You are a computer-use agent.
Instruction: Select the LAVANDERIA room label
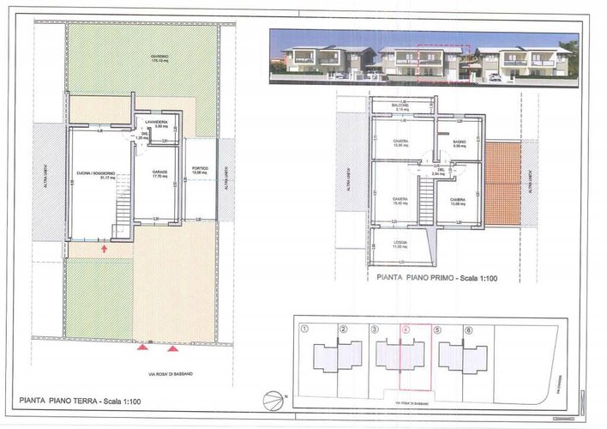160,124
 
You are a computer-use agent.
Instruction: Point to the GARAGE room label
160,173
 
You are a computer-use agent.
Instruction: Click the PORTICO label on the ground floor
201,170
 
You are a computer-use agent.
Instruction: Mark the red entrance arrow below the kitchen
105,248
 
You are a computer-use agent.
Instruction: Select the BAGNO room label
459,144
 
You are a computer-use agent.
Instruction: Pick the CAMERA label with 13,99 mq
459,201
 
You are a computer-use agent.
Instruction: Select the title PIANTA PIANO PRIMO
433,279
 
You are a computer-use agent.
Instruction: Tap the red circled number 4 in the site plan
406,329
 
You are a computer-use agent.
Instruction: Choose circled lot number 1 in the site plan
305,329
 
